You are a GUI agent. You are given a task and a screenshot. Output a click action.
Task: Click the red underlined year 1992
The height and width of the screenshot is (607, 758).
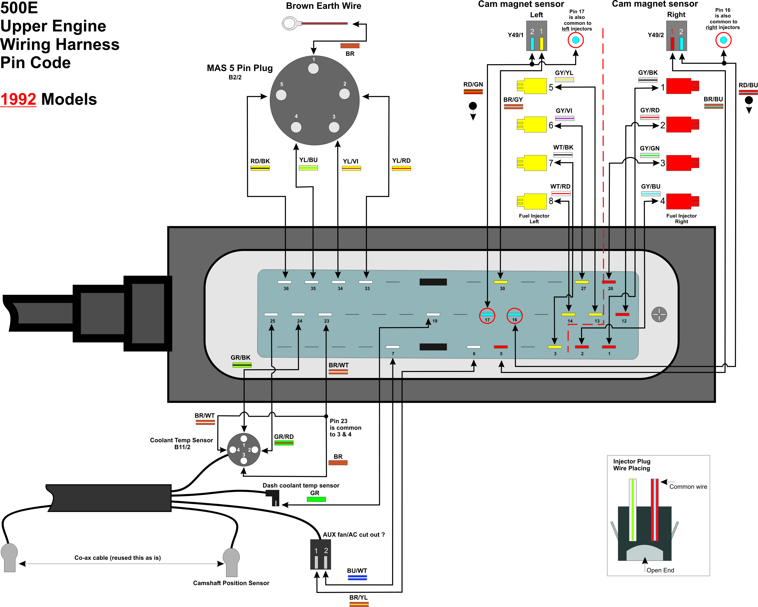coord(18,99)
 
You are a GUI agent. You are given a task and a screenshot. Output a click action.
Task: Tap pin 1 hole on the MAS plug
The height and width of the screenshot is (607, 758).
coord(313,68)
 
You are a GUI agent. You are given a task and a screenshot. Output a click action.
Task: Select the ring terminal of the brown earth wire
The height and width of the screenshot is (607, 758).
coord(289,24)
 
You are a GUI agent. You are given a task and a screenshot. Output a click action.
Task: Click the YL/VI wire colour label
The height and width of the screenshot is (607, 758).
coord(351,161)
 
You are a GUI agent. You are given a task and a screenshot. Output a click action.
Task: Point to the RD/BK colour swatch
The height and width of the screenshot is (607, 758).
coord(260,168)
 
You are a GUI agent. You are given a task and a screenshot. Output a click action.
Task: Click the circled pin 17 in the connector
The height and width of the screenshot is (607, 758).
coord(487,316)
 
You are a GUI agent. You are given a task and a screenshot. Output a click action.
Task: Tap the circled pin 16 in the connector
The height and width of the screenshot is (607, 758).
coord(514,316)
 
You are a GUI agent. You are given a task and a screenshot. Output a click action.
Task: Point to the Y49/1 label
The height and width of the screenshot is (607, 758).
coord(515,35)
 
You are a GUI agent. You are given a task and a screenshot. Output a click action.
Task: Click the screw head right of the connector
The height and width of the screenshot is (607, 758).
coord(659,314)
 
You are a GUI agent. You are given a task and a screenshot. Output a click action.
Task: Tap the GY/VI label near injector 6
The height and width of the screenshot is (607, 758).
coord(564,110)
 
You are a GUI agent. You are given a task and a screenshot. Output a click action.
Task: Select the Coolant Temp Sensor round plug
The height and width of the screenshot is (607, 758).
coord(244,450)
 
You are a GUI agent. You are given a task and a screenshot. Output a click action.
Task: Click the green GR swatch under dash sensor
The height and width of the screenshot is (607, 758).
coord(316,499)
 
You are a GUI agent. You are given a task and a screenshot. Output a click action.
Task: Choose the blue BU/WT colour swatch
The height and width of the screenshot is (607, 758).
coord(357,577)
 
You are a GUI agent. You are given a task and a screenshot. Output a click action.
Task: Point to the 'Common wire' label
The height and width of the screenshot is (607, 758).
coord(688,487)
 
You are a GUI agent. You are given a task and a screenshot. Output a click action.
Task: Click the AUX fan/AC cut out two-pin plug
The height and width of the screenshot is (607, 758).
coord(320,554)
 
